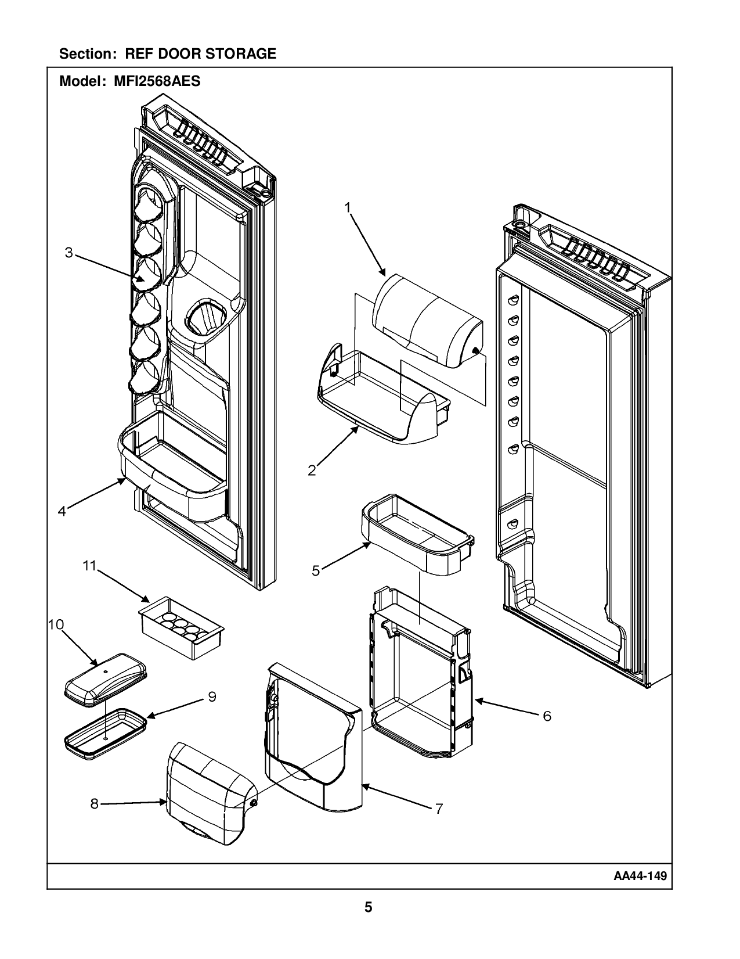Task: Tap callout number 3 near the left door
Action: [x=69, y=253]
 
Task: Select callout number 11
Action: [x=89, y=566]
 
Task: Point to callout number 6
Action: [x=547, y=716]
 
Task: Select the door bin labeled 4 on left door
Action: [x=174, y=465]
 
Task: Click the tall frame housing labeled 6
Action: [x=421, y=685]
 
